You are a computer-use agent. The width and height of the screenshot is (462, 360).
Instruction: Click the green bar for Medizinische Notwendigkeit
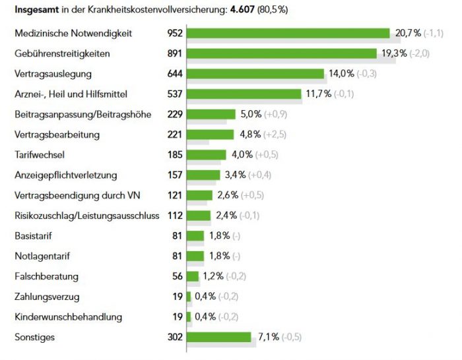pos(288,33)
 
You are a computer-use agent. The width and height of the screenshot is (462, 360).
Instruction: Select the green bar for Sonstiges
pos(218,337)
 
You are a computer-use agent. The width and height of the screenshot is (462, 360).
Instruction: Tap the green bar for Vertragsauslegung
pos(255,74)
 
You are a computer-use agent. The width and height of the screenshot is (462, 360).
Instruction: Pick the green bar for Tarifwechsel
pos(206,155)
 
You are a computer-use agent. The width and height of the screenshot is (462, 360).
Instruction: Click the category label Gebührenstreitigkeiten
pos(62,53)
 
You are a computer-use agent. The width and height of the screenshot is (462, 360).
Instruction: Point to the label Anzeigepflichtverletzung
pos(65,175)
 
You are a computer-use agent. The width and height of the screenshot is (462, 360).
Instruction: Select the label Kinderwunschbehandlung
pos(68,316)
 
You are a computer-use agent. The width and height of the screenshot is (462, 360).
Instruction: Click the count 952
pos(175,33)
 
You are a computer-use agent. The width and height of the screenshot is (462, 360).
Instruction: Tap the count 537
pos(175,94)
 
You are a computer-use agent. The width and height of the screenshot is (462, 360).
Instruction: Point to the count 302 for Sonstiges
pos(175,337)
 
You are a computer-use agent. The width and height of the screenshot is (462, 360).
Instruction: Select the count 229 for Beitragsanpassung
pos(175,114)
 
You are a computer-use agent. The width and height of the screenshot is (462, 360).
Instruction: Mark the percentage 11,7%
pos(317,94)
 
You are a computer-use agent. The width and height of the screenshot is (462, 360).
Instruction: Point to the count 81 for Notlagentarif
pos(177,256)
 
